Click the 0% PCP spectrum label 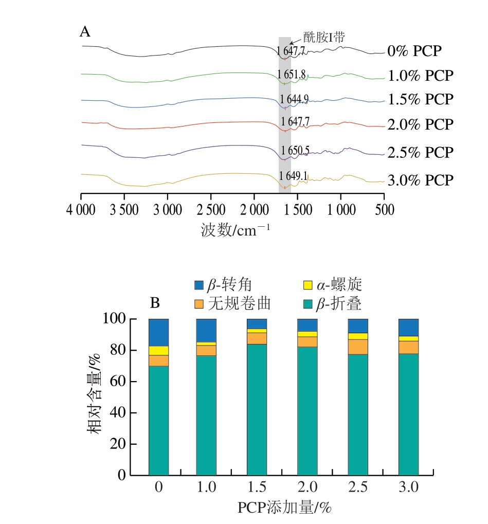pyautogui.click(x=414, y=51)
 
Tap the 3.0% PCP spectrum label pyautogui.click(x=420, y=180)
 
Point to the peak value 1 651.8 pyautogui.click(x=292, y=74)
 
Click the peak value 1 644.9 pyautogui.click(x=294, y=99)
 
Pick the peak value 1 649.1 pyautogui.click(x=294, y=176)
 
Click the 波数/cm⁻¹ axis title pyautogui.click(x=235, y=230)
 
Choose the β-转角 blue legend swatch pyautogui.click(x=199, y=285)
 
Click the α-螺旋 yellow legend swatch pyautogui.click(x=308, y=285)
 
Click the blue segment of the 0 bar pyautogui.click(x=158, y=332)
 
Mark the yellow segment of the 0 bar pyautogui.click(x=158, y=351)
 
